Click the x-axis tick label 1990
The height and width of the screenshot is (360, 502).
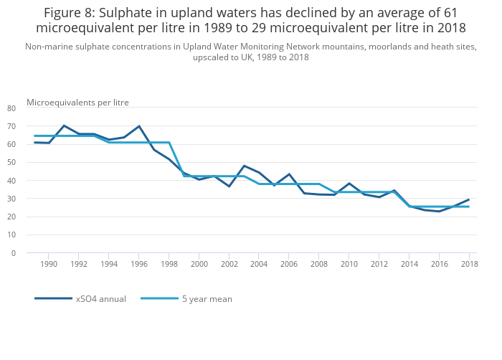click(48, 265)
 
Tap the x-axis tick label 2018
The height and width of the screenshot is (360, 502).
click(469, 265)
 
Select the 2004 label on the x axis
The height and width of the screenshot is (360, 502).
click(259, 265)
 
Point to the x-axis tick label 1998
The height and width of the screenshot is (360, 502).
click(169, 265)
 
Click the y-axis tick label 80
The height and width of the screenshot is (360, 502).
click(11, 108)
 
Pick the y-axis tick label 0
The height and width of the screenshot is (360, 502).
click(13, 253)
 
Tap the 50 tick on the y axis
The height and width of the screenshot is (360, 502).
click(11, 163)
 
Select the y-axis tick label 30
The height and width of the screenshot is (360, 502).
click(11, 199)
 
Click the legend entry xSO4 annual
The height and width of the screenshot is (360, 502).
click(101, 299)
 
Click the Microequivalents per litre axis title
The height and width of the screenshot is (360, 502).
click(77, 103)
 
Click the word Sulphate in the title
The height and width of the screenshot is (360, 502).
click(135, 13)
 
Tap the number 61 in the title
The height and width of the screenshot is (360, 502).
click(449, 13)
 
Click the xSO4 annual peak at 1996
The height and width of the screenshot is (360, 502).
click(138, 126)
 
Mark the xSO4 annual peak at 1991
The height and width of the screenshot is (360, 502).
click(64, 125)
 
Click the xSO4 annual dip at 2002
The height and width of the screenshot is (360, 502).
click(229, 186)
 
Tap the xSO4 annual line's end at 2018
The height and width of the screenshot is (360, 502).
click(469, 199)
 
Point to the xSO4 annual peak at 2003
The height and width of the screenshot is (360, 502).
click(244, 166)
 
